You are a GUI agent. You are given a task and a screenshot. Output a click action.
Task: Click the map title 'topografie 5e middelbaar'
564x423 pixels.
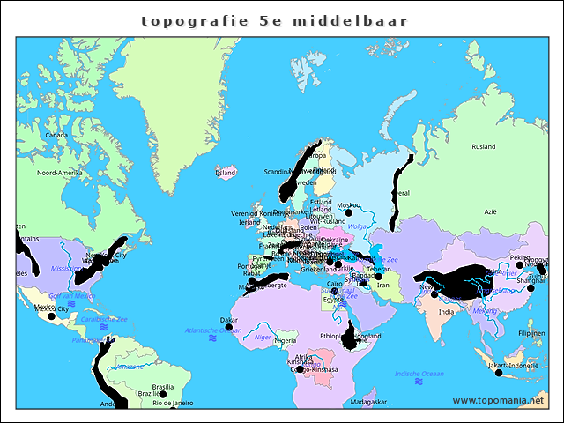(273, 19)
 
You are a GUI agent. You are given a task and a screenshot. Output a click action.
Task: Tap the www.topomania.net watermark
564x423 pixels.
(498, 401)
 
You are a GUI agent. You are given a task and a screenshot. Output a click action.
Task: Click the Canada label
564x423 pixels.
(56, 135)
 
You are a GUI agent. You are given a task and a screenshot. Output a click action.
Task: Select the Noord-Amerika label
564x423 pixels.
(60, 173)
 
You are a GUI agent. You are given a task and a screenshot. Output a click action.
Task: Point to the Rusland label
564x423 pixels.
(483, 147)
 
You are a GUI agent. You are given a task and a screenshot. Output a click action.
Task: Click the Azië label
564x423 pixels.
(490, 211)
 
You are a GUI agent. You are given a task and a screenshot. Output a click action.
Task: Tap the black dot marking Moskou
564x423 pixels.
(349, 212)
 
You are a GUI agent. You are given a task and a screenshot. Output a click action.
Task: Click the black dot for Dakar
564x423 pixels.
(229, 328)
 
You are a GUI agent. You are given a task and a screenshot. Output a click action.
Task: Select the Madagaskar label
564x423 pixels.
(368, 402)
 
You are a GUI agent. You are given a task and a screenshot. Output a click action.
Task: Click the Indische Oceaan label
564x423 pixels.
(419, 374)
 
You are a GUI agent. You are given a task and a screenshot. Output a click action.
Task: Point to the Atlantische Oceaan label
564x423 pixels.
(189, 330)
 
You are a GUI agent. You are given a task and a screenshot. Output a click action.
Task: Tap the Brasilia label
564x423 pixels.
(163, 387)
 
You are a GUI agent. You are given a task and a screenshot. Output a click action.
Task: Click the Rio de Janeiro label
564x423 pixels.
(172, 403)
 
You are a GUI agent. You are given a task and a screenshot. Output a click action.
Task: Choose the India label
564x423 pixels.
(447, 311)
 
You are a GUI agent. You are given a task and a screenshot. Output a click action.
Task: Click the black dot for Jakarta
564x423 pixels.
(499, 373)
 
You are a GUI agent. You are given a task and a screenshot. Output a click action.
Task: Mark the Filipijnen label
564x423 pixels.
(531, 334)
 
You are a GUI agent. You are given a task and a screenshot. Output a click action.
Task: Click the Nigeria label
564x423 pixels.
(286, 340)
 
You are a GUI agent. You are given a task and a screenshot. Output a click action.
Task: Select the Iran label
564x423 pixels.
(382, 285)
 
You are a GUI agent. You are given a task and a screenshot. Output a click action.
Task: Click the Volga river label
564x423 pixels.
(357, 226)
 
